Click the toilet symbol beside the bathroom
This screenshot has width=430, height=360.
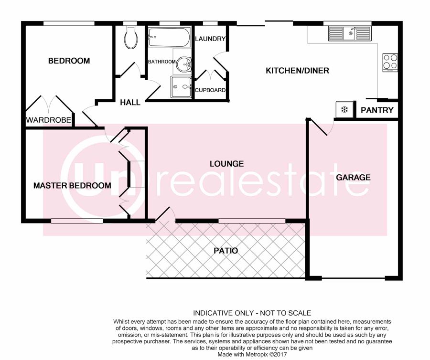[131, 38]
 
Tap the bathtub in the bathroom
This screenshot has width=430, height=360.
[169, 37]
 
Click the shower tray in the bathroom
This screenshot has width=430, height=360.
[181, 87]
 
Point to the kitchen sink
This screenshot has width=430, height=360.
[350, 34]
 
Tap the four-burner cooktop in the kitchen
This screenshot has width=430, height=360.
[390, 63]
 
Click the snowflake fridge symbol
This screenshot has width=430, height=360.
[344, 110]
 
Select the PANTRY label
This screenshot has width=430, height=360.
[377, 110]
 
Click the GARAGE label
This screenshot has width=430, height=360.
[353, 177]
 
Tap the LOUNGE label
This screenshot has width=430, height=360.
[226, 164]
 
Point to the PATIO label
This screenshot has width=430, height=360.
[226, 251]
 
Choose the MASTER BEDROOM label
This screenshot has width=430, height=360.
[72, 185]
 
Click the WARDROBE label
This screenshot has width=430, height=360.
[49, 120]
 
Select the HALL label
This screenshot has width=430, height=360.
[130, 103]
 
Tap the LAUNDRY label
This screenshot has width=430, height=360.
[210, 39]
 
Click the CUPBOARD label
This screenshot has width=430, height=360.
[210, 90]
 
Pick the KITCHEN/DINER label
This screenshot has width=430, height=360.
[297, 71]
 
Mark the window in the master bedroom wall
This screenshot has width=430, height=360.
[77, 221]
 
